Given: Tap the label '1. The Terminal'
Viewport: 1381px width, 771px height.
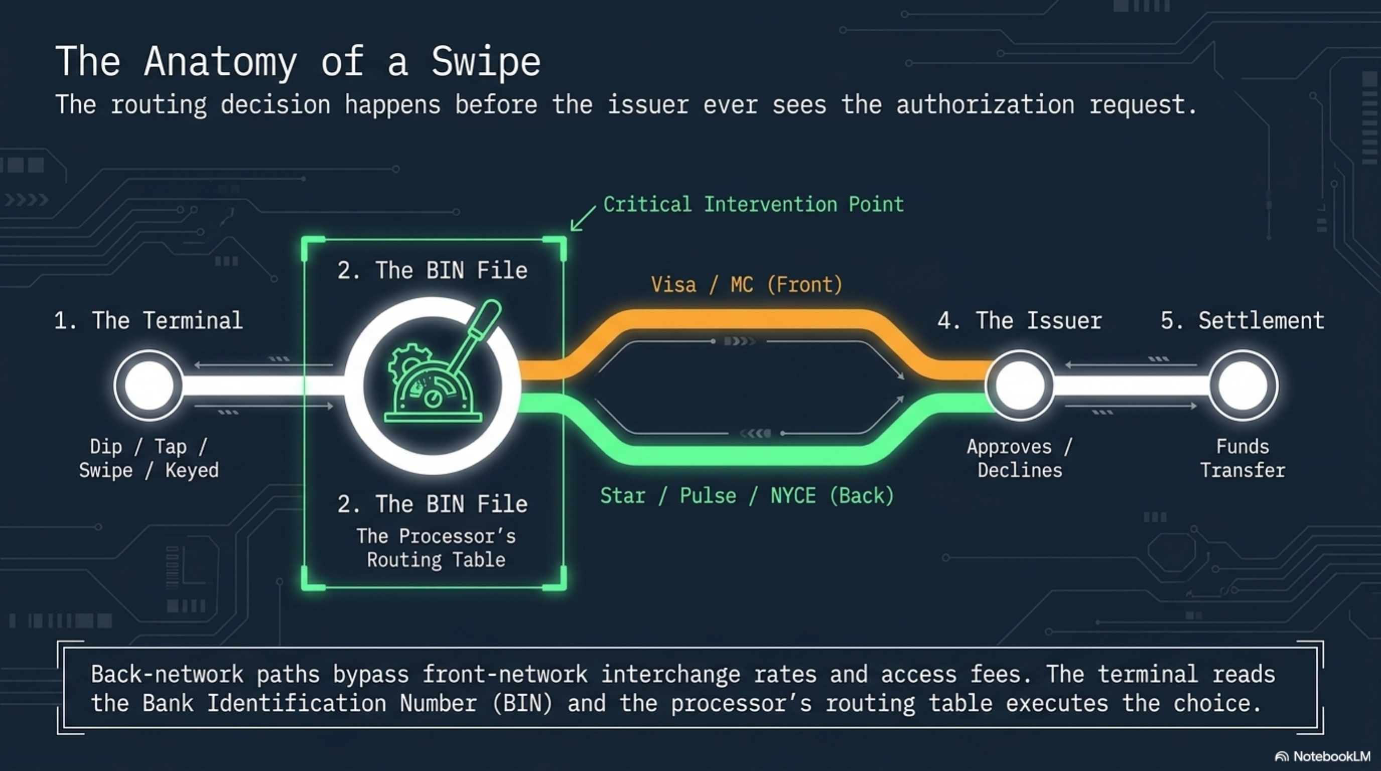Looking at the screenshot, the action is click(x=149, y=321).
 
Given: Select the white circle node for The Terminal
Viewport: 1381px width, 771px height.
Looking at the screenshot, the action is click(x=149, y=385).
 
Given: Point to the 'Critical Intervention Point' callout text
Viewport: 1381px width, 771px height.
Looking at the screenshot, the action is click(x=753, y=204).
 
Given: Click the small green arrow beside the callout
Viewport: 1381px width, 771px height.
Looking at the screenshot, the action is click(x=583, y=219).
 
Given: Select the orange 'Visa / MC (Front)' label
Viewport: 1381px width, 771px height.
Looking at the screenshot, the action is click(x=747, y=285).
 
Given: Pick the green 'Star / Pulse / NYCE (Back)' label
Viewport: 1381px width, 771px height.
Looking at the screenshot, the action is click(x=747, y=496).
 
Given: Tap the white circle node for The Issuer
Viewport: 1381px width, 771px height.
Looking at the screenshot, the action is click(x=1020, y=385).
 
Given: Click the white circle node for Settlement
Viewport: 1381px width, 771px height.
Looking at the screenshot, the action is click(x=1242, y=385).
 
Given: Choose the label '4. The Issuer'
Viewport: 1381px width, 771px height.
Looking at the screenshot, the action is click(x=1020, y=321).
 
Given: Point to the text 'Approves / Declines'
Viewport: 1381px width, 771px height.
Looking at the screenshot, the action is click(x=1020, y=458).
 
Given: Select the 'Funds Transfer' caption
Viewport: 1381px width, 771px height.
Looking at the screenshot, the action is click(x=1242, y=458).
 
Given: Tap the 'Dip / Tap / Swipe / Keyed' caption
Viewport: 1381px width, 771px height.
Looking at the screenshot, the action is click(x=149, y=458).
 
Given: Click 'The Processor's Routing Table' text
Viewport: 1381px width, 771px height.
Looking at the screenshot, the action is click(x=437, y=548).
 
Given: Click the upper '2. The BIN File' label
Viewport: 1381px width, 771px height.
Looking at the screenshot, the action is click(x=433, y=270).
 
